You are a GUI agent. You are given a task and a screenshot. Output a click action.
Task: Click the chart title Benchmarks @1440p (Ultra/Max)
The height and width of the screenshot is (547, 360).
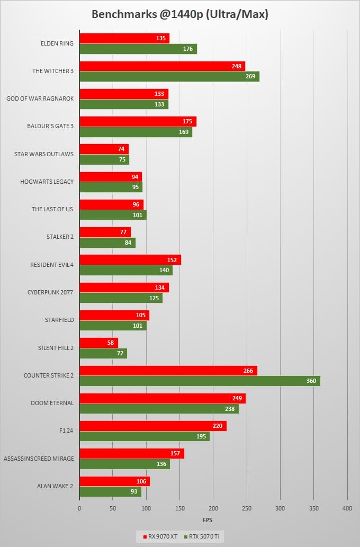tap(180, 14)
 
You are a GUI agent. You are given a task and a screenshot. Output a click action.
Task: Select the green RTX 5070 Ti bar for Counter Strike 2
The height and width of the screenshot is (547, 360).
tap(200, 381)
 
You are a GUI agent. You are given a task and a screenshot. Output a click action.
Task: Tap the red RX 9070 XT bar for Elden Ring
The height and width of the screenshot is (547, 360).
tap(124, 38)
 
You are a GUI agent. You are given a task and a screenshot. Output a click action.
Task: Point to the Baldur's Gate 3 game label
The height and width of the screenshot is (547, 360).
tap(50, 127)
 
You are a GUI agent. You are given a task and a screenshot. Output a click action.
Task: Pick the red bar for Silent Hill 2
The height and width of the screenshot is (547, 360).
tap(98, 343)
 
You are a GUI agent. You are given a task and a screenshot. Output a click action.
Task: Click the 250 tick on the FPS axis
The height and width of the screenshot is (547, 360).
tap(247, 508)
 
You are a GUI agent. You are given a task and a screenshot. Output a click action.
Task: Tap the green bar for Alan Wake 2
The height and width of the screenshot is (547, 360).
tap(110, 492)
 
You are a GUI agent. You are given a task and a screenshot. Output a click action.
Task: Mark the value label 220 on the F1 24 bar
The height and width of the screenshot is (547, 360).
tap(218, 426)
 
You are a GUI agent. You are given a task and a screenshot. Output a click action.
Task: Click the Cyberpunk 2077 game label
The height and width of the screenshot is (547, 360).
tap(50, 292)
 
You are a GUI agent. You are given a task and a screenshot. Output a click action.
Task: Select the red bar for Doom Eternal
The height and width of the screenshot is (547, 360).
tap(163, 398)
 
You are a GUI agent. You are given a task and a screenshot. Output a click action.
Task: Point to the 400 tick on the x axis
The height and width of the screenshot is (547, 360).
tap(347, 508)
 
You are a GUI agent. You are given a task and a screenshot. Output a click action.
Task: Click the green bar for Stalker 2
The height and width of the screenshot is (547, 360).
tap(107, 243)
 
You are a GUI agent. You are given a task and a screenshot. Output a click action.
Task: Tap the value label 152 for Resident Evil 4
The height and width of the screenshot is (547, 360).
tap(173, 260)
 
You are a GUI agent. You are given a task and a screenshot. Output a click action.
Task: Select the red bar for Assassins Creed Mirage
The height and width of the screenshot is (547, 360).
tap(132, 453)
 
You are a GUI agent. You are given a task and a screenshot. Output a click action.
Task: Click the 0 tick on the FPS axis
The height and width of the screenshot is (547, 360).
tap(79, 508)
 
